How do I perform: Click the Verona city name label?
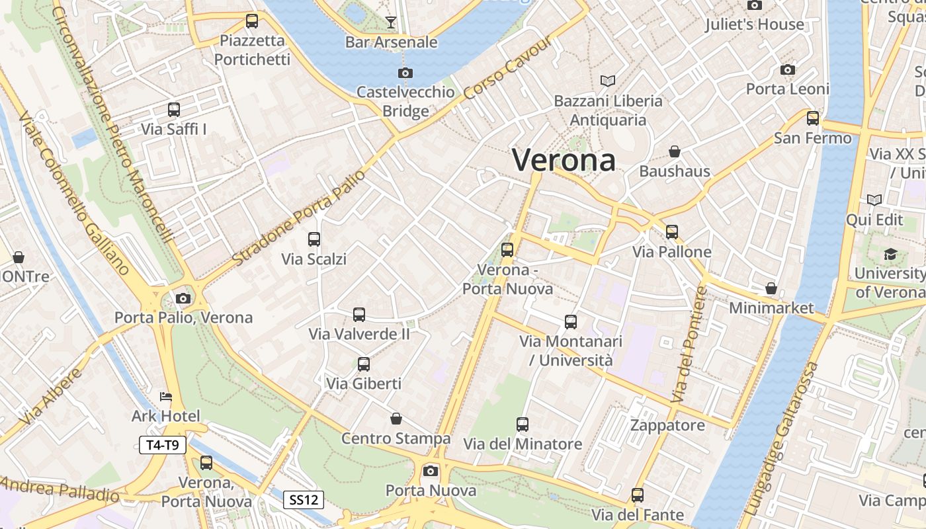click(x=564, y=160)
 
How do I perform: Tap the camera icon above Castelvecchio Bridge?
click(x=405, y=73)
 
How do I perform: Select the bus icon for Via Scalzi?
click(x=314, y=239)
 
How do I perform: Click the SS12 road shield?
click(x=304, y=500)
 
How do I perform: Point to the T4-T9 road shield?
click(x=163, y=445)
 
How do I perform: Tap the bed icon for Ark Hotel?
click(x=165, y=397)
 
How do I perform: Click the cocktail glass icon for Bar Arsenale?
click(x=391, y=22)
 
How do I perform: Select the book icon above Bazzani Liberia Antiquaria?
click(x=608, y=81)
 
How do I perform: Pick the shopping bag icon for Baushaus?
click(x=675, y=152)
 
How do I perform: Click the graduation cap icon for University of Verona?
click(x=890, y=255)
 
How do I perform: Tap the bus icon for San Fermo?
click(x=813, y=118)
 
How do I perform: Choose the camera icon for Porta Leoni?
click(x=787, y=69)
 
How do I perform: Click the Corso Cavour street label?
click(x=507, y=68)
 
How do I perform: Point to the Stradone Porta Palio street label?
click(x=298, y=218)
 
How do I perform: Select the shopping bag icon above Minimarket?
click(x=771, y=289)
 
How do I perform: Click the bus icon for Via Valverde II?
click(x=359, y=315)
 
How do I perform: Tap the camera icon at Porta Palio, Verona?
click(x=184, y=298)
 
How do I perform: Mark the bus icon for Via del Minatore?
click(x=523, y=425)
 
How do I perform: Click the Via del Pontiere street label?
click(x=689, y=345)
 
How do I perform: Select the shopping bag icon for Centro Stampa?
click(x=396, y=419)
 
